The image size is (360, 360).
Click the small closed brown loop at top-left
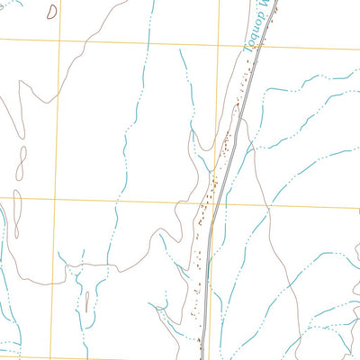[50, 11]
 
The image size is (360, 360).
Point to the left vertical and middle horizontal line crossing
[59, 199]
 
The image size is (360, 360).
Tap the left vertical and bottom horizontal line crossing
[60, 357]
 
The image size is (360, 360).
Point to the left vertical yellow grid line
[59, 117]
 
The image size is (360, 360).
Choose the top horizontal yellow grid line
[135, 43]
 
